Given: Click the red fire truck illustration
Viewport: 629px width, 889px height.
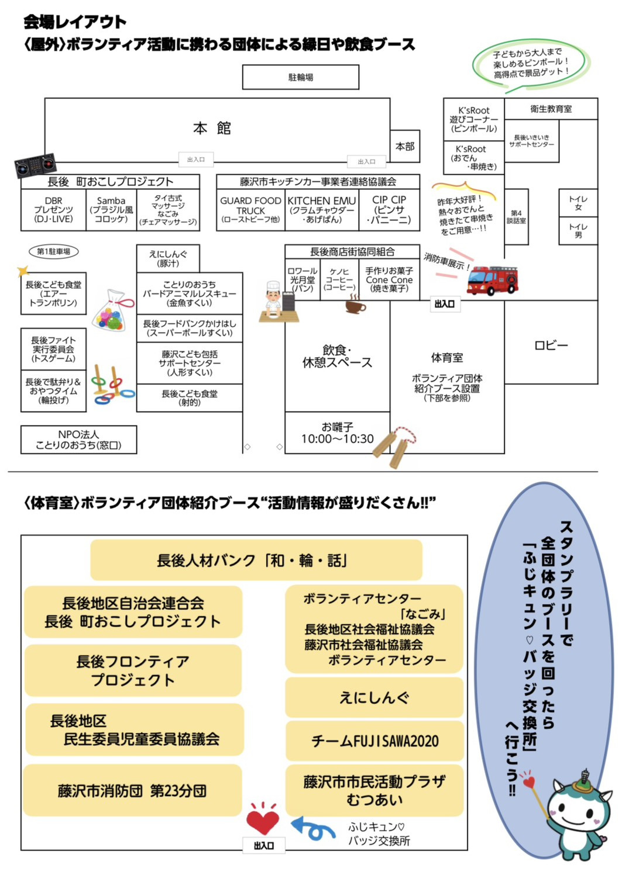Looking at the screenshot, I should [x=493, y=281].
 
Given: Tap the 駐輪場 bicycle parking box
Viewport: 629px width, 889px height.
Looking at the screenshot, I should [x=301, y=77].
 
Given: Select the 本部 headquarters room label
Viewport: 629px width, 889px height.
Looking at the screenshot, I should [x=405, y=146].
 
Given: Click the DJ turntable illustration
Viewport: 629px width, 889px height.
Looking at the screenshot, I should [x=36, y=165].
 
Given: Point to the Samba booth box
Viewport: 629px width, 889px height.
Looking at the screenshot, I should [x=111, y=209].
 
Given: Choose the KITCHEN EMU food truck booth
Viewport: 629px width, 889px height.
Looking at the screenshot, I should [x=322, y=209].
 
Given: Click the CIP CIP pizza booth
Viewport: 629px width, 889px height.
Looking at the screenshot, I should [x=390, y=209].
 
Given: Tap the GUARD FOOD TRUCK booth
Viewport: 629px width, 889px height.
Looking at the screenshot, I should [x=250, y=209].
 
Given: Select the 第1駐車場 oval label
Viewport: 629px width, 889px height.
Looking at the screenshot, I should [x=54, y=251].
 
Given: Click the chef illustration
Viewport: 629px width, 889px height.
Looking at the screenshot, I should [x=274, y=302].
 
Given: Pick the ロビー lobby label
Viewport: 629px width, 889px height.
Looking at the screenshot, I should [x=551, y=345].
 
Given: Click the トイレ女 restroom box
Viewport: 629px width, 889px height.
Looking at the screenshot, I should [x=578, y=203].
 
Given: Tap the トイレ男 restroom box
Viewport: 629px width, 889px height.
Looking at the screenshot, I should [x=578, y=230].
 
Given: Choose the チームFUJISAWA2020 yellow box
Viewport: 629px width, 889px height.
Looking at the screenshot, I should [x=374, y=741].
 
